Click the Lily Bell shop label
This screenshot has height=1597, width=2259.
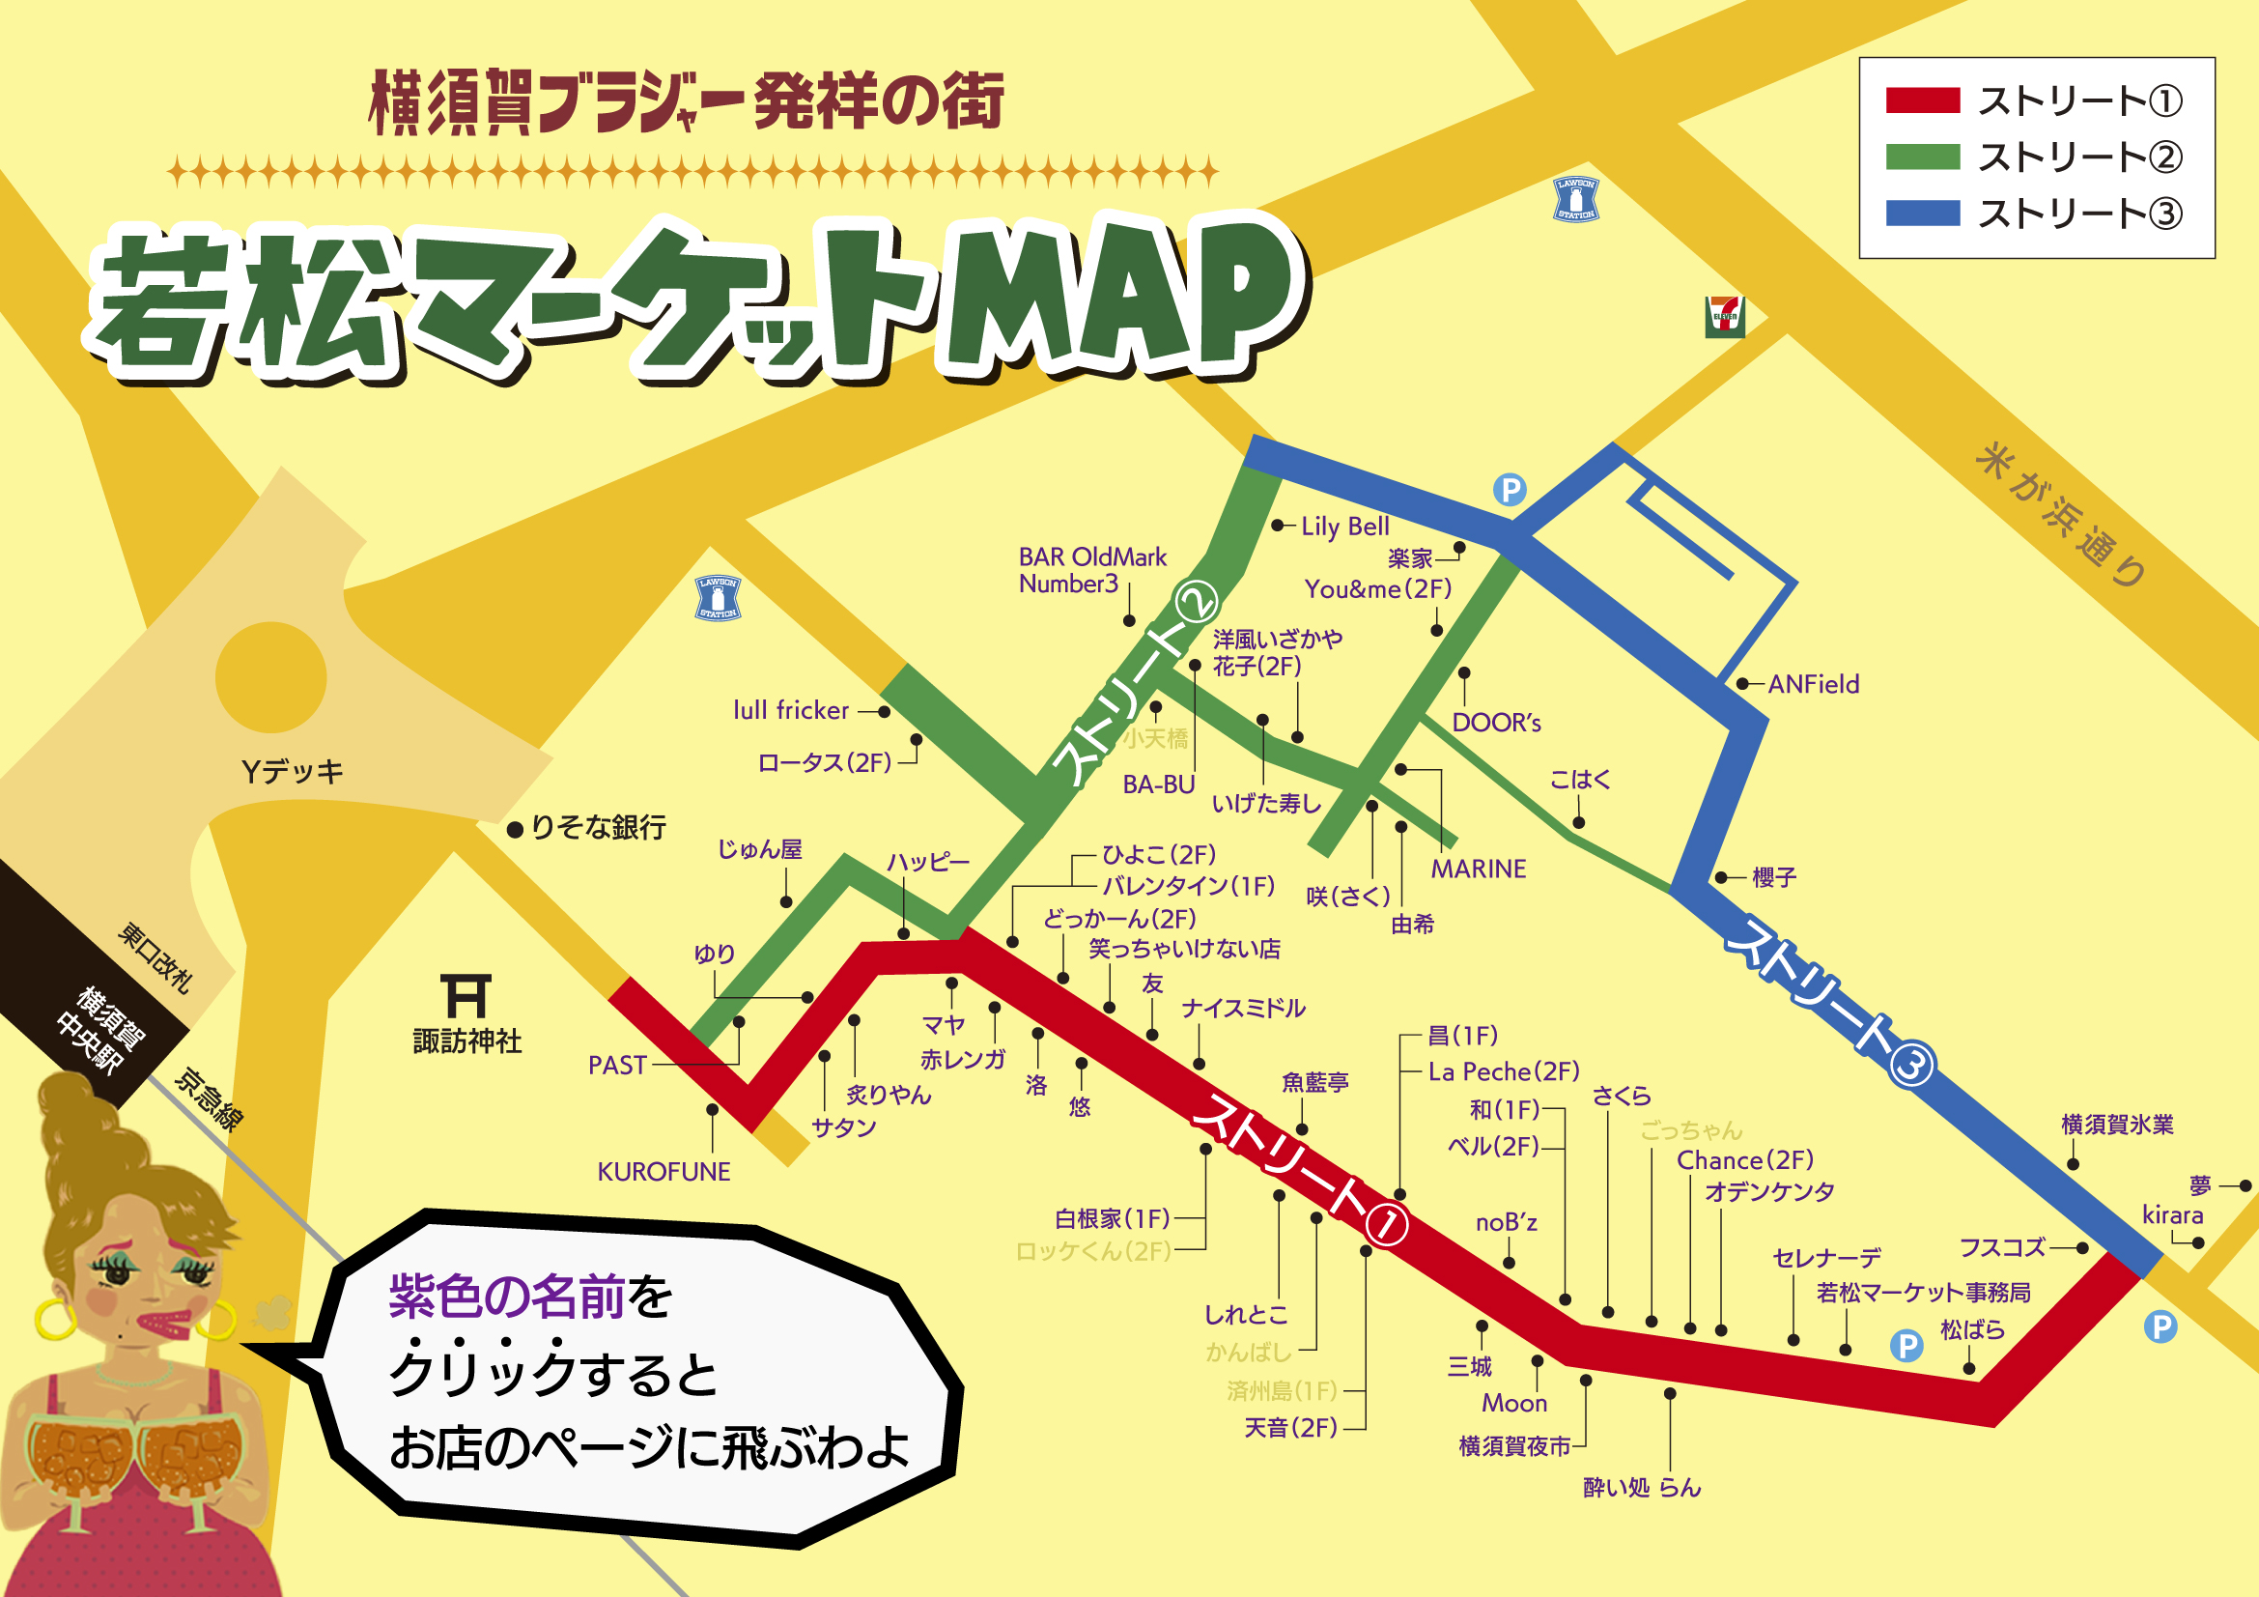[1344, 527]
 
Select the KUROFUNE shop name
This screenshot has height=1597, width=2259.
[664, 1171]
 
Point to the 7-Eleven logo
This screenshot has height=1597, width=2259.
[1724, 317]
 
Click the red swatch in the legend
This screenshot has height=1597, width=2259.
[1923, 100]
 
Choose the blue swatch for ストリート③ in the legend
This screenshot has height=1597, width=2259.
[1923, 214]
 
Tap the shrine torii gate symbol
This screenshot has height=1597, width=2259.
[466, 996]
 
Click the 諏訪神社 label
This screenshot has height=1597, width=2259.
[466, 1041]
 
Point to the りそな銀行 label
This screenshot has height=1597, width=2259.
[597, 827]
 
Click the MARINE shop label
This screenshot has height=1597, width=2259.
[1478, 869]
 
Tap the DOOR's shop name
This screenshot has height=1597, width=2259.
[1495, 724]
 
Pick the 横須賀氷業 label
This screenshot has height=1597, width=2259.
[2117, 1124]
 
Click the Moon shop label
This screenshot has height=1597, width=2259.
[1514, 1403]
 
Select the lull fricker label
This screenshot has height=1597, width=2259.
[790, 710]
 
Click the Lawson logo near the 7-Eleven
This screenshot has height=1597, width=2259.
[1575, 200]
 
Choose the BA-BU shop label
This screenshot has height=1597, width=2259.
[1158, 784]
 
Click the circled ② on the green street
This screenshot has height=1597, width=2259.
[1196, 601]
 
